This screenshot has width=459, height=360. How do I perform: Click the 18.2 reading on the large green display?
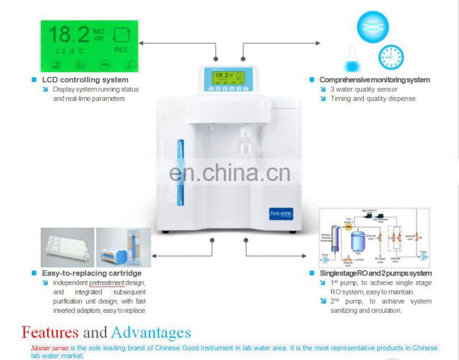(x=69, y=35)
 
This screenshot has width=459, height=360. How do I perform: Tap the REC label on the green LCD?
(x=121, y=50)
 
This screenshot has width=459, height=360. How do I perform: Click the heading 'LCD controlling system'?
(x=85, y=80)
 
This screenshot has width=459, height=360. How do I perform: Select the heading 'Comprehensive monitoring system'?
(x=374, y=80)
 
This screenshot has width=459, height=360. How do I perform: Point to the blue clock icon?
(x=390, y=57)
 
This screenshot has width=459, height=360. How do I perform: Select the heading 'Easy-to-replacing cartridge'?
(x=91, y=273)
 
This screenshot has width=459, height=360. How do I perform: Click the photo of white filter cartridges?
(x=67, y=247)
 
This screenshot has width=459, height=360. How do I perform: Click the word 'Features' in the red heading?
(x=50, y=332)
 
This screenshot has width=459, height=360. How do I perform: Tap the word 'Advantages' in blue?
(x=151, y=332)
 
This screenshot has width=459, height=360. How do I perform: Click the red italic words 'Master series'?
(x=50, y=348)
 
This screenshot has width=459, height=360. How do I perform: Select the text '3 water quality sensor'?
(x=364, y=89)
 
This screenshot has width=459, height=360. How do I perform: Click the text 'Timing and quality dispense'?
(x=372, y=99)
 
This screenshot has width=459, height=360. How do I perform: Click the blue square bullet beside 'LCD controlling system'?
(x=34, y=80)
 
